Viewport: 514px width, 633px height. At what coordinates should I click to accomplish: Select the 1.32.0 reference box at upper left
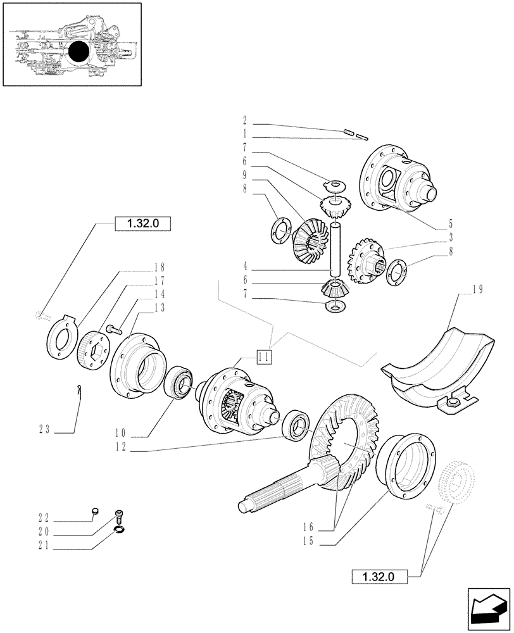click(143, 223)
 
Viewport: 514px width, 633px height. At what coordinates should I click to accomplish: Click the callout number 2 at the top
click(244, 118)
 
